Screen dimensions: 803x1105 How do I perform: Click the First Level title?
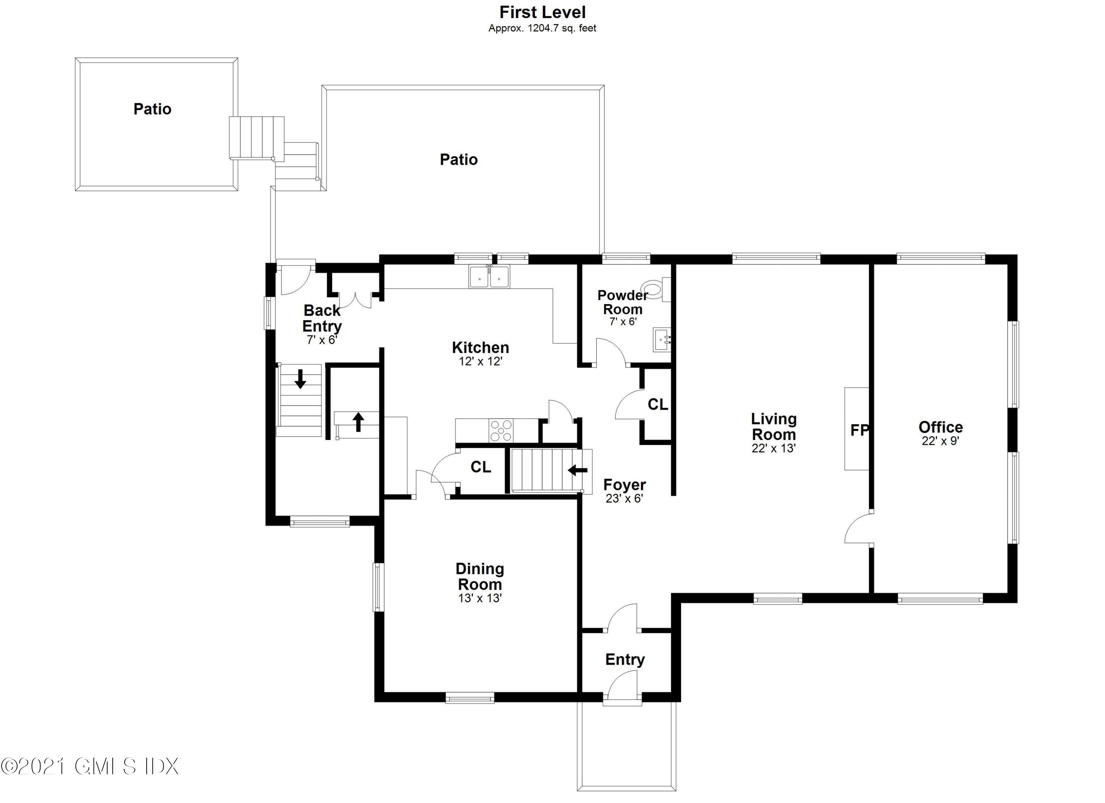click(x=542, y=12)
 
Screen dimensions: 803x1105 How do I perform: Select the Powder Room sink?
click(x=662, y=339)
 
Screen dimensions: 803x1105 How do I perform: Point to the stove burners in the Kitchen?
click(x=501, y=430)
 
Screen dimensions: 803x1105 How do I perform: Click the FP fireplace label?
click(x=859, y=430)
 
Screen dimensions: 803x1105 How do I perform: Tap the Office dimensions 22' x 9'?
click(x=940, y=441)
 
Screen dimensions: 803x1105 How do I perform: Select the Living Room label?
click(x=774, y=427)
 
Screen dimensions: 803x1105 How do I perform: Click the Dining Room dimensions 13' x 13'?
click(x=480, y=598)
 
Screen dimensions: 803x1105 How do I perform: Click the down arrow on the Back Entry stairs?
click(x=300, y=379)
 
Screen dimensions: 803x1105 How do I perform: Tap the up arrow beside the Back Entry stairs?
click(x=359, y=422)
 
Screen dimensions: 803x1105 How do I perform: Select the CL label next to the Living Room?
click(x=658, y=404)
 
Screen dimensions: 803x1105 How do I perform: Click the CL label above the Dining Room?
click(x=480, y=467)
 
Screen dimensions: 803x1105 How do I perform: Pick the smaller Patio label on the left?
click(x=152, y=109)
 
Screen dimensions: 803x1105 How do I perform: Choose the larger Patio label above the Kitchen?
click(x=459, y=160)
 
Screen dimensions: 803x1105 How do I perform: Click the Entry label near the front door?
click(x=625, y=659)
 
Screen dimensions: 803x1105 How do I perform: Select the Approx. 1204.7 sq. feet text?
click(x=542, y=28)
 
